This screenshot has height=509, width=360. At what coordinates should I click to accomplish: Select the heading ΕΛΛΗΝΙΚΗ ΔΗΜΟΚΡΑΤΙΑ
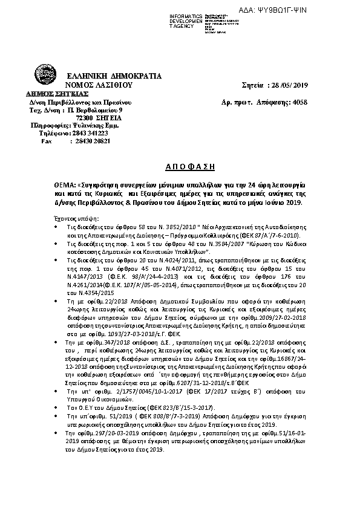pyautogui.click(x=114, y=77)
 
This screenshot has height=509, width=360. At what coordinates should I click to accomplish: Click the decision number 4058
pyautogui.click(x=299, y=103)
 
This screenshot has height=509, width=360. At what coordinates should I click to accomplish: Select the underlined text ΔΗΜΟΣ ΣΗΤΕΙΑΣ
pyautogui.click(x=57, y=94)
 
